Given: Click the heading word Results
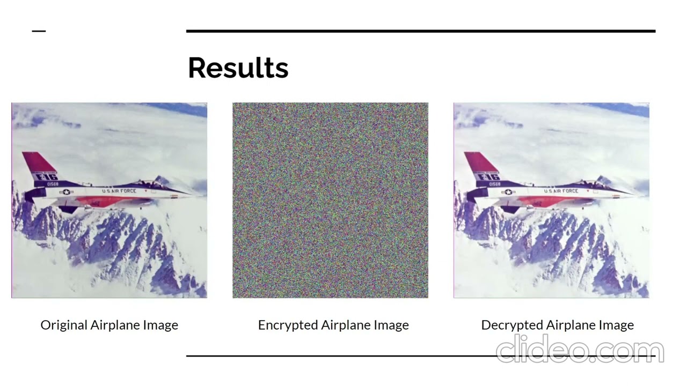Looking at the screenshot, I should point(238,68).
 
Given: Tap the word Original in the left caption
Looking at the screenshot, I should point(64,325).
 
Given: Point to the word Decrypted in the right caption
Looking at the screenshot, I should point(510,325).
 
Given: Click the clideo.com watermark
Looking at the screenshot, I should point(580,350).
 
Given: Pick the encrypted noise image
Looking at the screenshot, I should point(330,200).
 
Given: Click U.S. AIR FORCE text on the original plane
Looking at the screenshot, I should point(119,191).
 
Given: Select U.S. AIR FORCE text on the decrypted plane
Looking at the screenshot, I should point(561,191).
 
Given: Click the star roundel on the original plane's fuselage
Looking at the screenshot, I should point(67,192).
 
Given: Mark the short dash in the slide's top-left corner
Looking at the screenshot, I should point(39,31).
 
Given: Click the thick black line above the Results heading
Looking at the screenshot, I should point(420,31).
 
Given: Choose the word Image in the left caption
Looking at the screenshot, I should point(160,325).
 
